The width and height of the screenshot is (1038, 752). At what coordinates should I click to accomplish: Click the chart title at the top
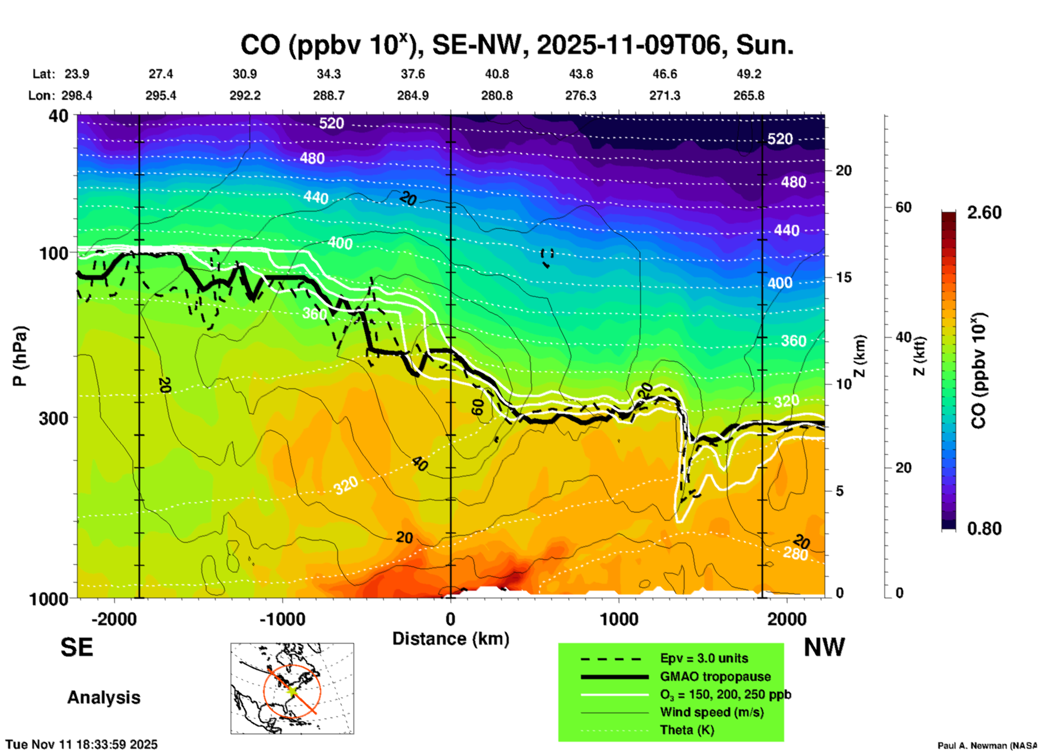(x=517, y=45)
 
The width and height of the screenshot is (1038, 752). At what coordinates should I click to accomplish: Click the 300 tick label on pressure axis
(x=53, y=418)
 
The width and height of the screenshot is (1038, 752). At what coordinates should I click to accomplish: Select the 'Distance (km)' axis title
(x=451, y=639)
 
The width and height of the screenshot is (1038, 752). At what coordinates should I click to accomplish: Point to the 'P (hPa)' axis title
(x=20, y=356)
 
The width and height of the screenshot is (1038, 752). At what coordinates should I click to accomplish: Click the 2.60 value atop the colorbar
(x=984, y=213)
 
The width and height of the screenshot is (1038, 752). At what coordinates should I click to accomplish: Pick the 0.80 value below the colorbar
(x=984, y=529)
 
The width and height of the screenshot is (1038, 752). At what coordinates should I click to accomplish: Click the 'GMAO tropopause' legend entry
(x=715, y=676)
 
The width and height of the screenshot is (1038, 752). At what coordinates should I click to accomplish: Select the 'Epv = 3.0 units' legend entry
(x=704, y=658)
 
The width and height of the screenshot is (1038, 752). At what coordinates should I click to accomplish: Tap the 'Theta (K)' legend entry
(x=687, y=730)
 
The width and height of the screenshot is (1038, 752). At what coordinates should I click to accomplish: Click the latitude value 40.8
(x=496, y=74)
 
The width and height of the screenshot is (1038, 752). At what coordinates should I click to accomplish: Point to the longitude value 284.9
(x=413, y=95)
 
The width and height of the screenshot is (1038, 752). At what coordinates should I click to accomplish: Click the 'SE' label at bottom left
(x=77, y=647)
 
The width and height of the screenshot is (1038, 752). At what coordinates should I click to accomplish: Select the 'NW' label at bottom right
(x=824, y=647)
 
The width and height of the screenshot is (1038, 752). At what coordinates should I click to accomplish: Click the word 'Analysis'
(x=103, y=698)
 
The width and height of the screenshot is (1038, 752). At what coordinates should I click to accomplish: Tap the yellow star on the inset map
(x=292, y=690)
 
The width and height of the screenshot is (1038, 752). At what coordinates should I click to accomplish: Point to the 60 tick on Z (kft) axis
(x=903, y=207)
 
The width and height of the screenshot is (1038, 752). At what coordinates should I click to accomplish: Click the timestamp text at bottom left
(x=82, y=744)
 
